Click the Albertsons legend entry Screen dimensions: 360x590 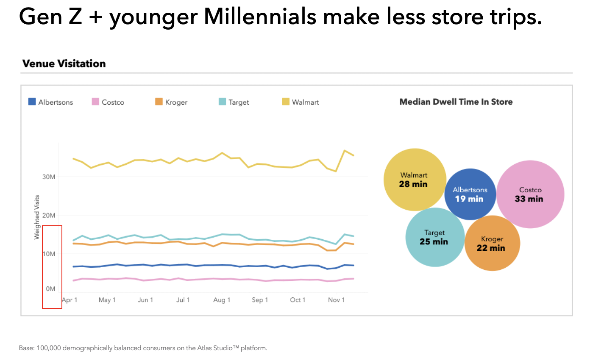click(x=50, y=102)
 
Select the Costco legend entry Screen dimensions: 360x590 click(x=108, y=102)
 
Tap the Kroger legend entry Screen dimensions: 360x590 click(x=171, y=102)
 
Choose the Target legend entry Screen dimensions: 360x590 click(x=234, y=102)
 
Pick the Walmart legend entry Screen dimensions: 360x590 click(x=301, y=102)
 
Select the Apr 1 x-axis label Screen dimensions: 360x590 click(x=70, y=300)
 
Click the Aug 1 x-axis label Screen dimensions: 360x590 click(x=222, y=300)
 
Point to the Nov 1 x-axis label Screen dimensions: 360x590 click(x=337, y=300)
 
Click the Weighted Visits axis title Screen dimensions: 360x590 click(x=37, y=217)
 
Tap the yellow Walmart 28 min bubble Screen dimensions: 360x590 click(x=415, y=180)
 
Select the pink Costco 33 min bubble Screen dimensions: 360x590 click(x=530, y=194)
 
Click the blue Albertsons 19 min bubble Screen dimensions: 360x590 click(x=470, y=194)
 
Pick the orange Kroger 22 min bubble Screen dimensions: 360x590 click(x=492, y=244)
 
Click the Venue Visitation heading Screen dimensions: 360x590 click(x=64, y=64)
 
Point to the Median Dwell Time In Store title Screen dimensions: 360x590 click(x=456, y=102)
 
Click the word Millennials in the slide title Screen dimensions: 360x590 click(x=260, y=17)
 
